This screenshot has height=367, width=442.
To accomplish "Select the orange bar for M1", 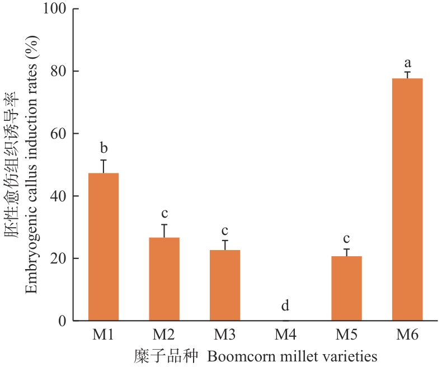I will pos(104,246).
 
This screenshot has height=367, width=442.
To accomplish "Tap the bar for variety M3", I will pos(225,285).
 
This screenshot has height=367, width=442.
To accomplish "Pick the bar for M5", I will pos(347,288).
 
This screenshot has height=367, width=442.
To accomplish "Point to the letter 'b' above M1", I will pos(104,148).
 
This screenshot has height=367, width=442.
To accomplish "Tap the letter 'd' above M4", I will pos(285,305).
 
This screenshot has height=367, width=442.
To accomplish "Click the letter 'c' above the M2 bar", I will pos(164,214).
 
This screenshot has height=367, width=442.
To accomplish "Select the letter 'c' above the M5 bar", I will pos(347,238).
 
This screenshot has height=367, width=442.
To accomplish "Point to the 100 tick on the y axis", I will pos(55,10).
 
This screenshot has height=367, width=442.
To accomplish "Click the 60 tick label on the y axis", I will pos(58,134).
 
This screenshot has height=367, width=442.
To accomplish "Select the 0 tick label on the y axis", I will pos(62,321).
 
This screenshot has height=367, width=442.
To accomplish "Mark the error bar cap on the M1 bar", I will pos(104,160).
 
